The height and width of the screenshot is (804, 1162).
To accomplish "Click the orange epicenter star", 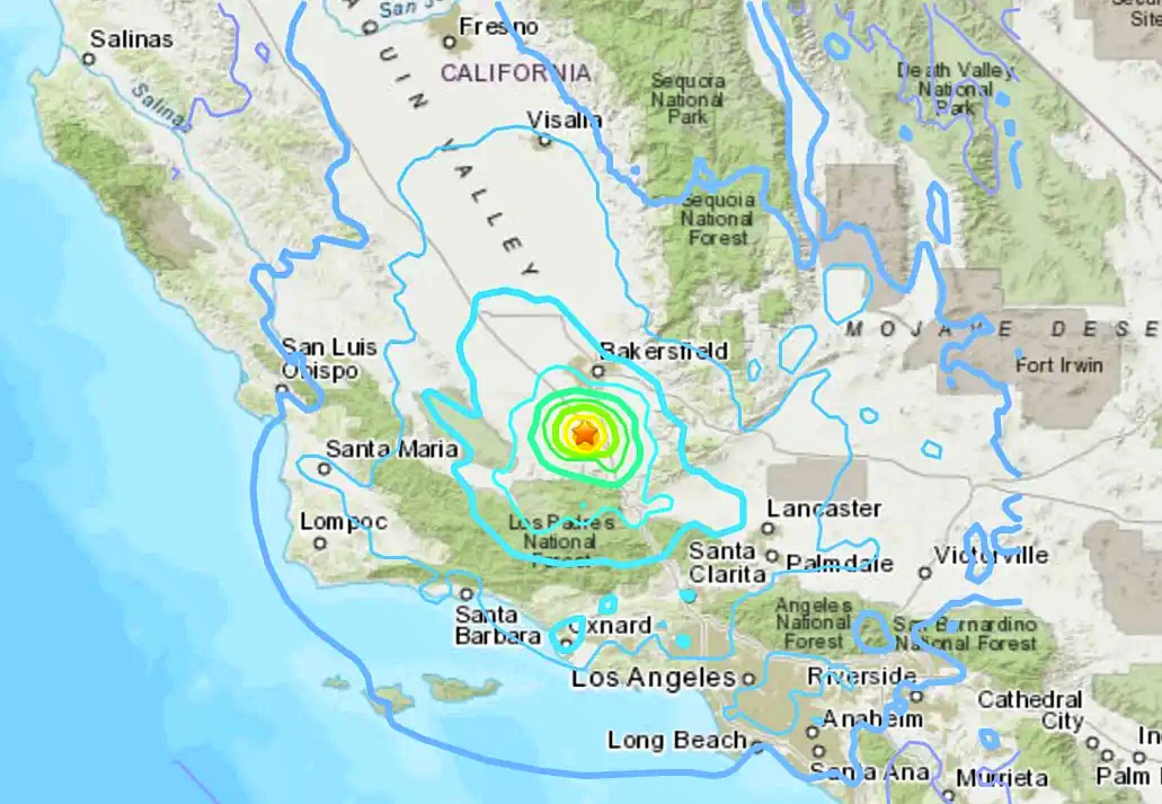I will (x=585, y=433).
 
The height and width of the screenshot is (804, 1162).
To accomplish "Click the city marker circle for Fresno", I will (x=449, y=43).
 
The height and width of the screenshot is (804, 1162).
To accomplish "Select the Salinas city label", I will (x=132, y=39).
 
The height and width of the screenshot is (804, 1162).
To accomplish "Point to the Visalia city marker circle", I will (x=544, y=141).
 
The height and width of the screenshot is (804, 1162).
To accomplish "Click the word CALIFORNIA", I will (x=515, y=73).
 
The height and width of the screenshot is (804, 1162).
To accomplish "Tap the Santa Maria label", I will (x=392, y=449).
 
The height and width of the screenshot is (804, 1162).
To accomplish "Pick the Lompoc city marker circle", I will (x=320, y=544).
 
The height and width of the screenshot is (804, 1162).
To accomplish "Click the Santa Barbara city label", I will (x=496, y=625).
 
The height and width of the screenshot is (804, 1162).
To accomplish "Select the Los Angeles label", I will (x=654, y=678).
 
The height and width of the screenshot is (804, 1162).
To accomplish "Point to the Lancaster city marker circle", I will (x=767, y=528).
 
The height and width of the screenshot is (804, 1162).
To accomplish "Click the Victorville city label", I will (x=991, y=556).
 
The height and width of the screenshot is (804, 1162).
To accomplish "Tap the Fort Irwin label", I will (x=1059, y=365).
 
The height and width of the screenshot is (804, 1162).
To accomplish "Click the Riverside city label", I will (x=861, y=676).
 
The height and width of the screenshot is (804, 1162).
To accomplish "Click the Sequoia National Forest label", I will (x=718, y=219).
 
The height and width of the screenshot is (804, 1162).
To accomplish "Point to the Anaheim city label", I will (x=872, y=719).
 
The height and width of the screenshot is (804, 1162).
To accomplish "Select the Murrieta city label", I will (x=1001, y=778).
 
